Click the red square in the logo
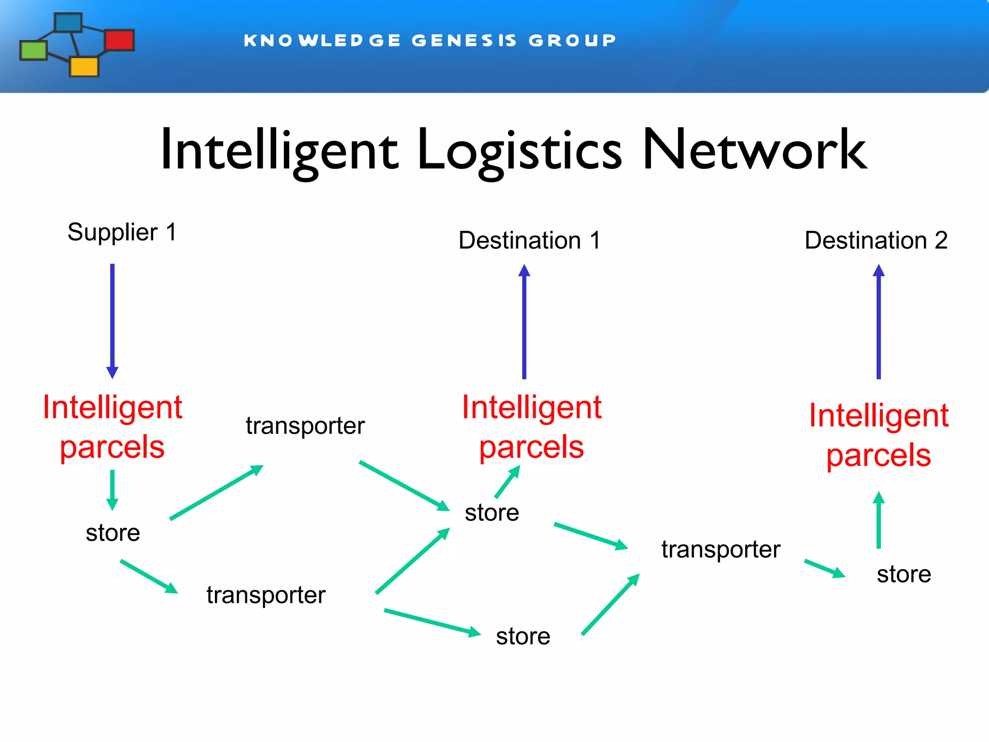click(x=119, y=40)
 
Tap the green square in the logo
click(x=33, y=50)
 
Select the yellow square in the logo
click(x=84, y=67)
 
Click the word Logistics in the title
click(x=520, y=151)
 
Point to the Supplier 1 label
click(x=122, y=232)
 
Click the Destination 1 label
click(x=529, y=241)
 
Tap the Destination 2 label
click(x=876, y=241)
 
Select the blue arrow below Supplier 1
click(x=113, y=321)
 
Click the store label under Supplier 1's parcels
click(x=113, y=533)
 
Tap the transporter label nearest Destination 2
click(x=721, y=550)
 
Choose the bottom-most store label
click(x=523, y=637)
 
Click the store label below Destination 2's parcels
click(x=904, y=574)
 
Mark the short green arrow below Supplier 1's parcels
click(x=113, y=489)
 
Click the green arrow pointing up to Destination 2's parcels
click(x=878, y=520)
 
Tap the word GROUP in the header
click(x=572, y=41)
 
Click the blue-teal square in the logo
click(x=68, y=23)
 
